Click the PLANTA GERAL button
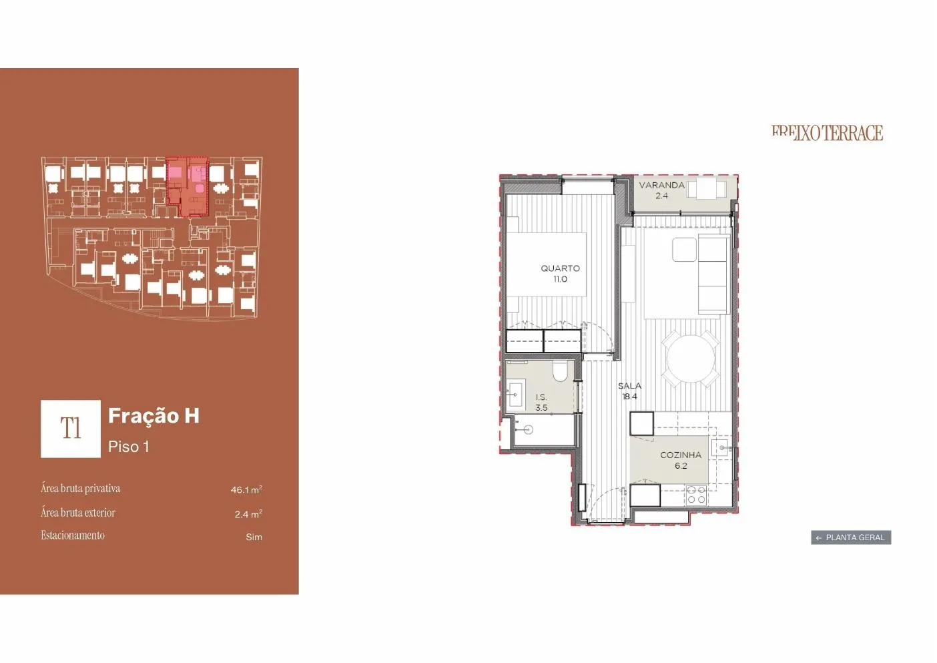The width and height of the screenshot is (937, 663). click(851, 537)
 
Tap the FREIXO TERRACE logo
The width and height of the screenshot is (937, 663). click(828, 133)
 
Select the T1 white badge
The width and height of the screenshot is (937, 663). click(71, 429)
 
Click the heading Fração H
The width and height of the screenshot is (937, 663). click(154, 416)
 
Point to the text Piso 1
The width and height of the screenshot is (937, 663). click(129, 447)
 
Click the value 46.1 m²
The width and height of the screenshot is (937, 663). click(246, 489)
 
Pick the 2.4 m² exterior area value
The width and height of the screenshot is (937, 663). click(248, 514)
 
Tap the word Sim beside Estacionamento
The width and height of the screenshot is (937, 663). click(254, 537)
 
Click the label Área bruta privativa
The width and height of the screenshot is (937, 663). click(80, 489)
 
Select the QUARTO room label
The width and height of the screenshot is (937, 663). click(560, 268)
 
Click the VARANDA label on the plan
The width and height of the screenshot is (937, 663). click(662, 185)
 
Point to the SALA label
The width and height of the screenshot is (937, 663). click(629, 386)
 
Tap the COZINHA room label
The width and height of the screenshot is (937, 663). click(681, 455)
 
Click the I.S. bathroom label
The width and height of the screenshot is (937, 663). click(541, 397)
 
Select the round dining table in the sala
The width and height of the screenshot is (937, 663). click(691, 359)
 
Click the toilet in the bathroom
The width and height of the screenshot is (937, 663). click(560, 371)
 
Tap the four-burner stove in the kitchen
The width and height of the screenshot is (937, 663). click(697, 494)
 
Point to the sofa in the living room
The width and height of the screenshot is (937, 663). click(713, 274)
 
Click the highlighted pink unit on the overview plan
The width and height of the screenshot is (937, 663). click(187, 187)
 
